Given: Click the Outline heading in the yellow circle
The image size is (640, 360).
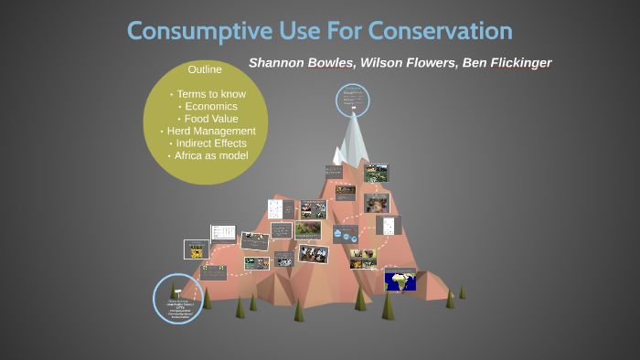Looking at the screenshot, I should [x=205, y=69].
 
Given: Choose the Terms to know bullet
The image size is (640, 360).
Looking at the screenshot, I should [x=207, y=94].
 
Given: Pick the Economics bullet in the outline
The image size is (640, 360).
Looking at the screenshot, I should [x=207, y=106].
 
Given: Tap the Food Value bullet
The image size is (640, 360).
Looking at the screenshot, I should [x=207, y=119].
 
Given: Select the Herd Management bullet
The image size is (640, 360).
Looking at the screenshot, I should [x=207, y=131].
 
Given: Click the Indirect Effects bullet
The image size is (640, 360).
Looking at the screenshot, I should [x=207, y=143].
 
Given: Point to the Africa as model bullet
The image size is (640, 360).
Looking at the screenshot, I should [x=207, y=155].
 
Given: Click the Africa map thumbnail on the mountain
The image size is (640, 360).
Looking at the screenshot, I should [x=400, y=280].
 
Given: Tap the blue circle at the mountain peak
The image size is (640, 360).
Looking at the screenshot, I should [x=351, y=100].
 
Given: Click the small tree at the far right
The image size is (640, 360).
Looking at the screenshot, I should [x=462, y=291].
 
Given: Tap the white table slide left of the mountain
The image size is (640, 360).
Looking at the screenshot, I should [x=223, y=233].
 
